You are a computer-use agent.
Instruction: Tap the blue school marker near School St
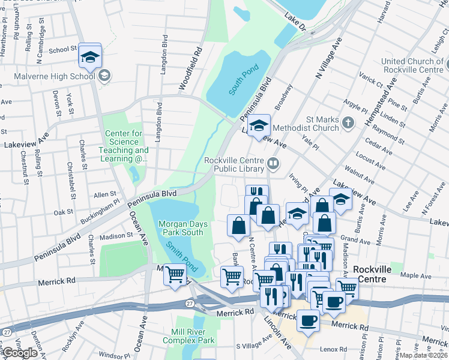click(90, 56)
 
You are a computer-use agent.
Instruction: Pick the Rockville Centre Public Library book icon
click(273, 163)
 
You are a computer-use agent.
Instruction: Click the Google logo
click(20, 353)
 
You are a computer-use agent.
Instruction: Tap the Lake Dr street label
click(295, 23)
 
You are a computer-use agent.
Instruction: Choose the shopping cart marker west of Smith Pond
click(175, 275)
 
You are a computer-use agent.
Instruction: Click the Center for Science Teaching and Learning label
click(126, 146)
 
